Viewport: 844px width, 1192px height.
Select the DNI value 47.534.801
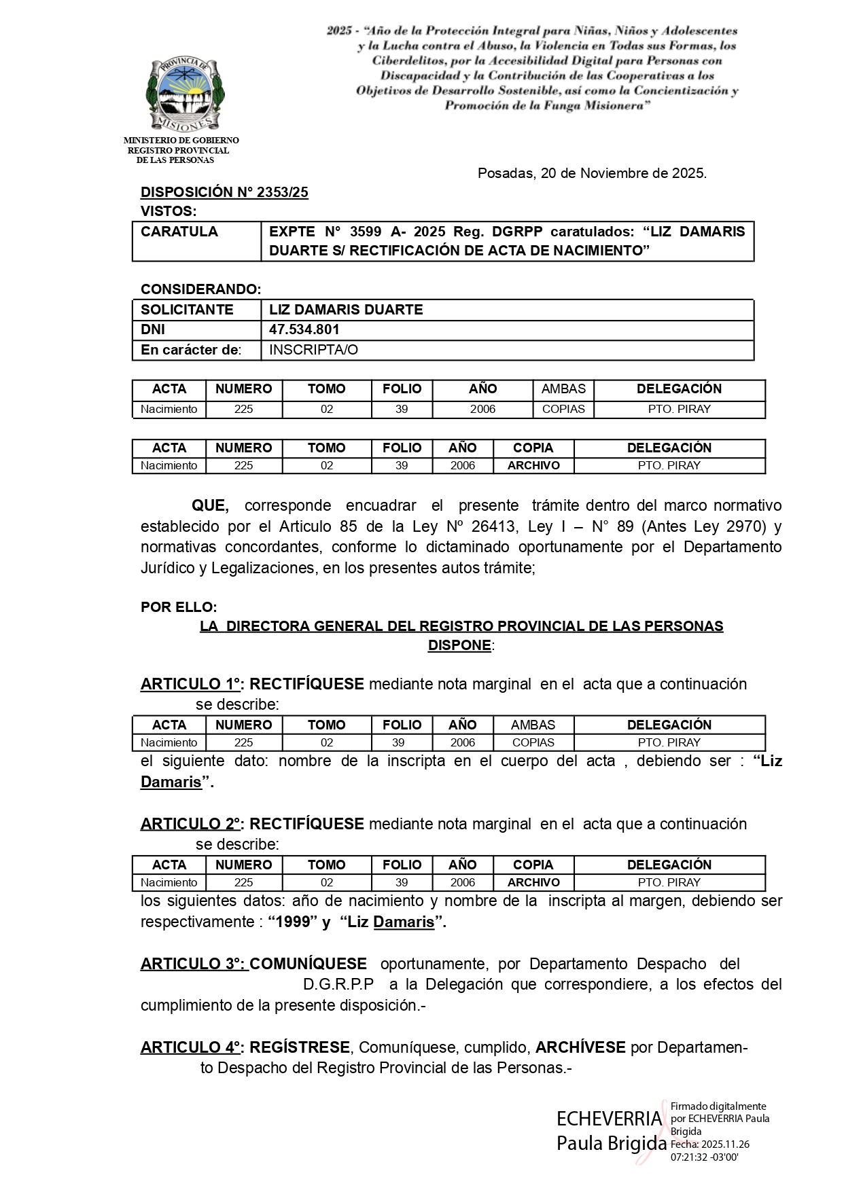point(304,329)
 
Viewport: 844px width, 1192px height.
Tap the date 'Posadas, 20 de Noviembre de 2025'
point(592,173)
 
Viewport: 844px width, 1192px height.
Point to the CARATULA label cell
point(179,232)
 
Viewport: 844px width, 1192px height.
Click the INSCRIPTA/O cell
point(313,350)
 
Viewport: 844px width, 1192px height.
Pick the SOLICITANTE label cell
point(187,310)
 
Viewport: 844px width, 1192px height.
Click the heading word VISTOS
point(168,211)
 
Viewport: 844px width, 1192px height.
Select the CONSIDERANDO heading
point(200,289)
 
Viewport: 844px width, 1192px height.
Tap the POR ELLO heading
point(179,607)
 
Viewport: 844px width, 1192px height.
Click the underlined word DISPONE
point(459,645)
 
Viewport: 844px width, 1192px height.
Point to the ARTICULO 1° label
point(192,684)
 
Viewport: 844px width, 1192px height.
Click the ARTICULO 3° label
point(193,964)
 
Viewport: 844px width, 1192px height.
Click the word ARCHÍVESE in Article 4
point(580,1047)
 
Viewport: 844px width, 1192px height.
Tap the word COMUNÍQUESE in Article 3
point(309,964)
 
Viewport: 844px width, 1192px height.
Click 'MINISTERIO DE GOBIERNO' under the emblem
point(181,140)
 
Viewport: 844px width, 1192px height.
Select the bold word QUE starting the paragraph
point(210,505)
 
